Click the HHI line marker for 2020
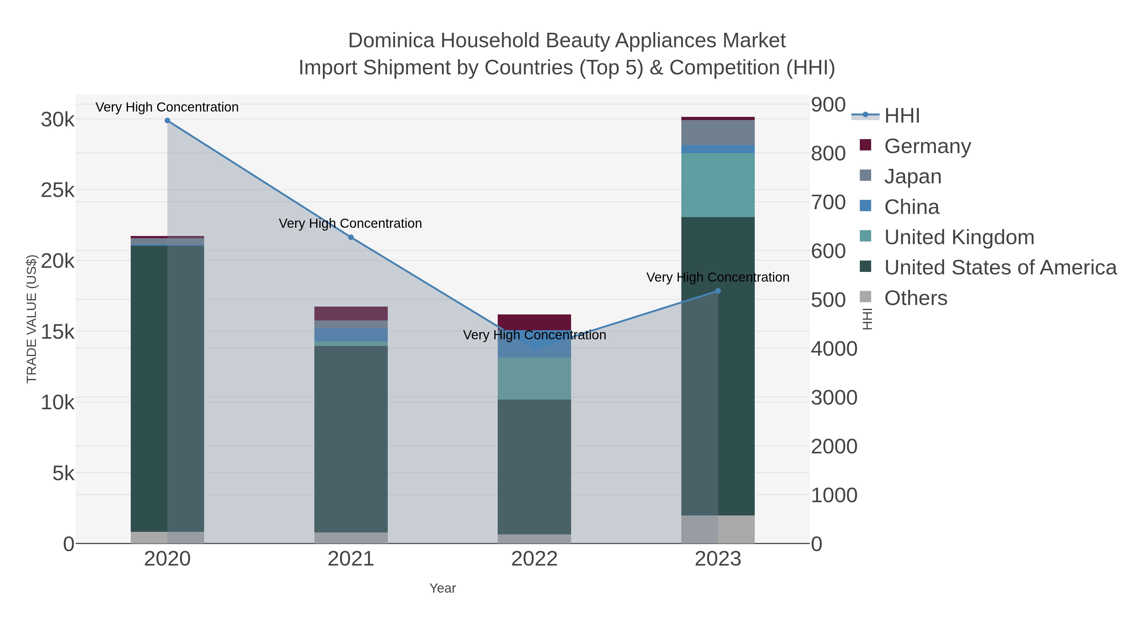(x=167, y=121)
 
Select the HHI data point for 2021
(x=351, y=237)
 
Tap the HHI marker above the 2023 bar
(x=718, y=291)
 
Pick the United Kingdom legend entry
(x=959, y=237)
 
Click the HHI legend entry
(x=902, y=116)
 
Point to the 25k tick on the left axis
(x=58, y=191)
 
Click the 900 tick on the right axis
(x=828, y=105)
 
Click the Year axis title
(x=443, y=588)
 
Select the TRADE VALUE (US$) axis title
(x=32, y=319)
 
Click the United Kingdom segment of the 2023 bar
(x=718, y=185)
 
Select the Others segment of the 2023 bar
(x=718, y=529)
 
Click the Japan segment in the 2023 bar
(x=718, y=133)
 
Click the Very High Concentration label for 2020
(x=167, y=107)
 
